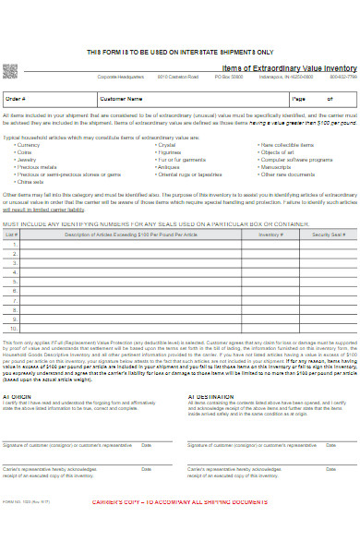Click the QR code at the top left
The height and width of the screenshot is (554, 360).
pyautogui.click(x=12, y=71)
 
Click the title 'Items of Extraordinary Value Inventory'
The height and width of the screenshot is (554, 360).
pyautogui.click(x=290, y=68)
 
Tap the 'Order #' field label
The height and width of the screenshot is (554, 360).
pyautogui.click(x=16, y=98)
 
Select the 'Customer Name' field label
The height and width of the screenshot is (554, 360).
pyautogui.click(x=120, y=98)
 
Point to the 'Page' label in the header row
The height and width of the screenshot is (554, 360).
pyautogui.click(x=298, y=98)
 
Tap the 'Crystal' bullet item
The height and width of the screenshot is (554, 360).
pyautogui.click(x=166, y=145)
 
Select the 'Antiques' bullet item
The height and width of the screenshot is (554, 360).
pyautogui.click(x=168, y=167)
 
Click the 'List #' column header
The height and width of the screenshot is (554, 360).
pyautogui.click(x=13, y=235)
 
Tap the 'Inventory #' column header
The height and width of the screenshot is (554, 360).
pyautogui.click(x=270, y=235)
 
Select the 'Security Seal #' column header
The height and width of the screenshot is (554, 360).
pyautogui.click(x=328, y=235)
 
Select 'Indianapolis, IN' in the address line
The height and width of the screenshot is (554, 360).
pyautogui.click(x=274, y=77)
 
